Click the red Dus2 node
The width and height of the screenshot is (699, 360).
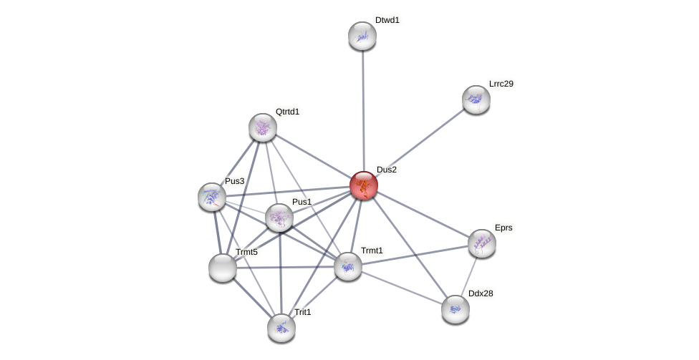[364, 185]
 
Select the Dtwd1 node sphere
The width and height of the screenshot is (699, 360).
[362, 36]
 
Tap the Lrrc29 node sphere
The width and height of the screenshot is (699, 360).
[476, 99]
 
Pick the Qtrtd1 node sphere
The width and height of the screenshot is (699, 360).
[263, 127]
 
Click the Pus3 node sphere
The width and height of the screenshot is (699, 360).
[212, 197]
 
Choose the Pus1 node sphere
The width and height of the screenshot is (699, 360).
[279, 218]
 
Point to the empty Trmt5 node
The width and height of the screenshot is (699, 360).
[223, 268]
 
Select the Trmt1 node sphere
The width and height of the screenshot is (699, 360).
[348, 266]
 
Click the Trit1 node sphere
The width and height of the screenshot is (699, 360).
[281, 328]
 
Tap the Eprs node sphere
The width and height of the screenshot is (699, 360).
[482, 243]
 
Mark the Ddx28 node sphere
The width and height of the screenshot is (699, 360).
[455, 309]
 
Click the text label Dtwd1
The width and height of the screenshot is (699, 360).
[387, 20]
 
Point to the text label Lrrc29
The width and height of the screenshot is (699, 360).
[501, 84]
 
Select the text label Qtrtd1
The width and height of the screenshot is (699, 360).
[287, 112]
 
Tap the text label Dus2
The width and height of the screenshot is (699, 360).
[387, 170]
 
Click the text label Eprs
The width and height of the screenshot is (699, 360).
[503, 228]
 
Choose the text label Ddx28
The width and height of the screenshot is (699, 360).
[480, 293]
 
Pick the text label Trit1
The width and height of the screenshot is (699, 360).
[303, 312]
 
